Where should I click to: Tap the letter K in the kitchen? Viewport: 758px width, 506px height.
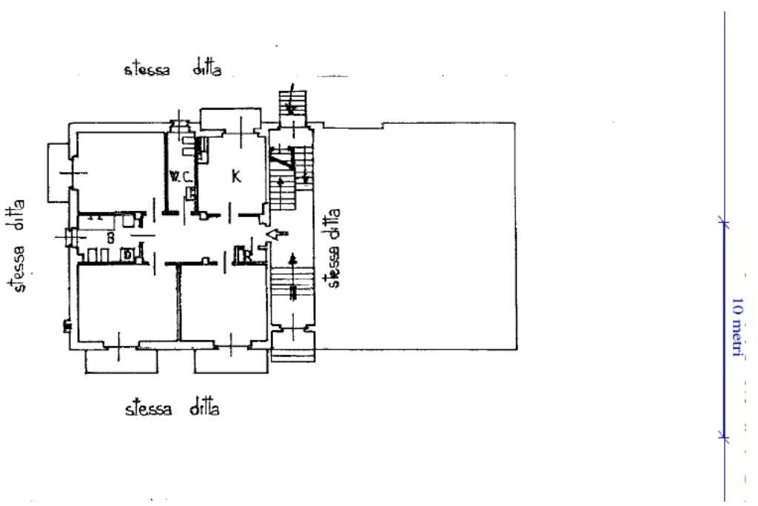[236, 176]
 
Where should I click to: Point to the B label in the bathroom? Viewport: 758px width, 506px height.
[111, 238]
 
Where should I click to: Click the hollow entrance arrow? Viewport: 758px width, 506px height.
[277, 234]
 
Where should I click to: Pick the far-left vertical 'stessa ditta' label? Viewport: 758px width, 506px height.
[16, 246]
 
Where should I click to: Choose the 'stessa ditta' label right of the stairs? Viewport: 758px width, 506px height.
[334, 248]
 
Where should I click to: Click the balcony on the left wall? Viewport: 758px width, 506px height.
[58, 173]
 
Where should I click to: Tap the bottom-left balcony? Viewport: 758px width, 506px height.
[121, 362]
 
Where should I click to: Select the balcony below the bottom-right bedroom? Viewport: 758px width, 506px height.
[231, 362]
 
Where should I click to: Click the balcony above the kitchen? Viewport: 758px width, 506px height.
[231, 119]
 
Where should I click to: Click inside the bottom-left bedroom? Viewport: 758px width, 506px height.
[127, 302]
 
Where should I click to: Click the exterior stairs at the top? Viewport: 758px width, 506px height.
[292, 103]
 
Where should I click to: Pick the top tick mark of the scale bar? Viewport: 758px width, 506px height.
[724, 222]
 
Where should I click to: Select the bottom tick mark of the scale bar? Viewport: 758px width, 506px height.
[724, 437]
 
